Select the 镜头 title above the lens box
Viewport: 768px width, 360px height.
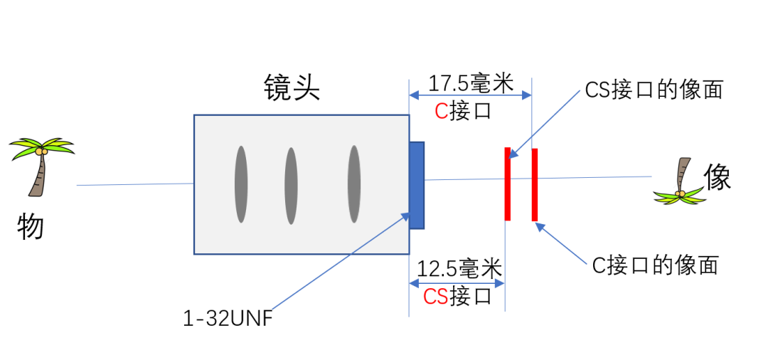[292, 90]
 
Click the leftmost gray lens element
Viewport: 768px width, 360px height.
[241, 184]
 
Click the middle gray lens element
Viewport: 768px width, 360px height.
[291, 186]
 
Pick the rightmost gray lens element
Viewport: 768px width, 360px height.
[353, 184]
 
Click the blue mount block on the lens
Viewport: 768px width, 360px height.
[417, 185]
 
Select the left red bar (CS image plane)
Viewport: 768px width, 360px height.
[508, 184]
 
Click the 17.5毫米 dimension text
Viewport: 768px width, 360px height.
[470, 83]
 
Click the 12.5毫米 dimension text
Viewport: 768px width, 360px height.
[459, 269]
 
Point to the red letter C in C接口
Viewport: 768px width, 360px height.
[441, 112]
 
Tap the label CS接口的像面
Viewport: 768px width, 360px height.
[654, 90]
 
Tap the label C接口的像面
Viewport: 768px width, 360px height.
[655, 265]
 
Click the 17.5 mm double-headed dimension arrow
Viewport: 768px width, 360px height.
[470, 95]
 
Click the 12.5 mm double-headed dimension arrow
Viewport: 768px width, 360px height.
[457, 283]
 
